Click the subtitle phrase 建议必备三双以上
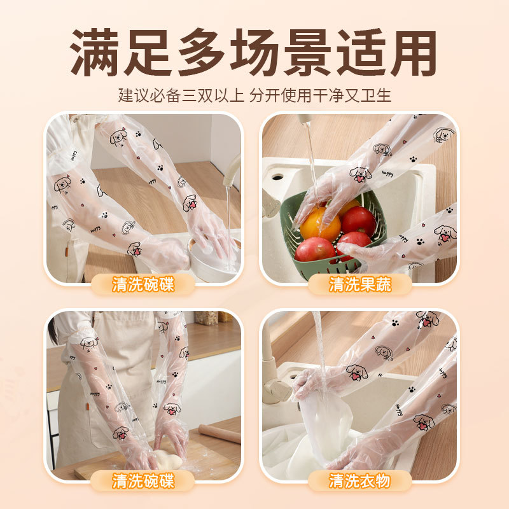click(181, 95)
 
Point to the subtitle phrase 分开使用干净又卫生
click(321, 95)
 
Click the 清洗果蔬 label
click(360, 284)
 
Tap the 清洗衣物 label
click(360, 480)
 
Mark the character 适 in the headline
click(359, 52)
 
